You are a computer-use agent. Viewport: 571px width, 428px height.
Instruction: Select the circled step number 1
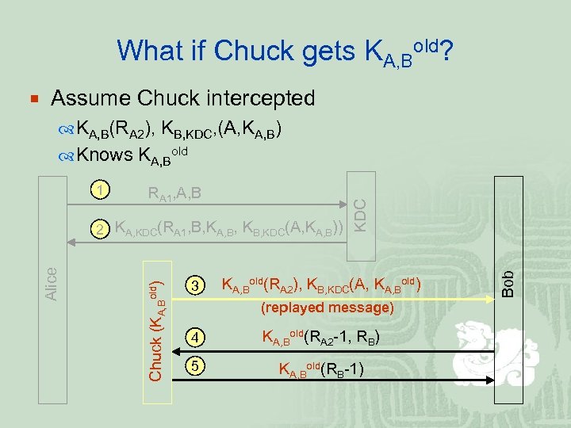point(98,190)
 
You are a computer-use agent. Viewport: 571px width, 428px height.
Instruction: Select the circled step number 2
point(98,230)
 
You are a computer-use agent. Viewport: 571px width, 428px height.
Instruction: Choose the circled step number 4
point(196,339)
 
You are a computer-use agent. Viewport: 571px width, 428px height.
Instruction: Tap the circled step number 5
point(196,367)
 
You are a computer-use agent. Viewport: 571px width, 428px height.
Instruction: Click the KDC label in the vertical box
point(359,215)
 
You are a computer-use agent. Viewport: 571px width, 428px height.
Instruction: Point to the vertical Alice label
point(51,283)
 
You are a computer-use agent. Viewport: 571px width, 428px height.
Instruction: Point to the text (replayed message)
point(316,306)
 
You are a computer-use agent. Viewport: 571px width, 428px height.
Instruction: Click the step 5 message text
point(320,368)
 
